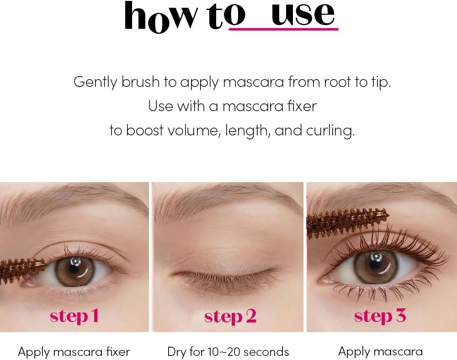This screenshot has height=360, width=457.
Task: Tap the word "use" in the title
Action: [x=303, y=14]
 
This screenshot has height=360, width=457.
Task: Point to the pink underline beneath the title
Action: [x=284, y=29]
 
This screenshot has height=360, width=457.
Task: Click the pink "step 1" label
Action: [x=74, y=316]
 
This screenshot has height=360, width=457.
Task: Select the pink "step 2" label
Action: [x=230, y=316]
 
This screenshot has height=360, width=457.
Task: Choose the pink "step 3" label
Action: [x=380, y=316]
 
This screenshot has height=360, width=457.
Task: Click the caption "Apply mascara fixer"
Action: [x=74, y=352]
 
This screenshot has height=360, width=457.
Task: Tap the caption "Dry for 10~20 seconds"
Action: [x=228, y=352]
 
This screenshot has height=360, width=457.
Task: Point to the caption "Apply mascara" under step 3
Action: [x=380, y=352]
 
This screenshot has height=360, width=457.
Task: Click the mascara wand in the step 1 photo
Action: [x=22, y=269]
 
